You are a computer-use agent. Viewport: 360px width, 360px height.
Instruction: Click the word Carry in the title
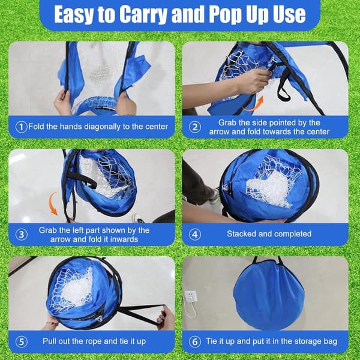pos(144,14)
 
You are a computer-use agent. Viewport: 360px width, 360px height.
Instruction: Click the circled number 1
pos(21,127)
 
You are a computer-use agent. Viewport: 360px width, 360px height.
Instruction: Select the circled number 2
pos(194,127)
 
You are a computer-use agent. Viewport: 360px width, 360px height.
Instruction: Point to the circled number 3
pos(21,235)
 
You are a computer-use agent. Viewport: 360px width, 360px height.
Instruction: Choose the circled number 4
pos(194,235)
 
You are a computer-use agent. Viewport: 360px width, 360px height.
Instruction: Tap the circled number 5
pos(21,341)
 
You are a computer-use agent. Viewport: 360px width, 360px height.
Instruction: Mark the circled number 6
pos(194,341)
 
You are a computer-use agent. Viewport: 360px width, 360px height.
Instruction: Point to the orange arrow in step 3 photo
pos(52,204)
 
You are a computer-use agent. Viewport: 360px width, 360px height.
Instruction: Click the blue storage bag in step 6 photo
pos(269,295)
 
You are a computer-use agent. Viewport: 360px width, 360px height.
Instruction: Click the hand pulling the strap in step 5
pos(165,317)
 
